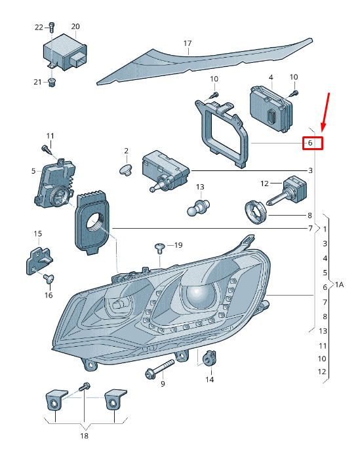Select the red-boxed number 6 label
[x=312, y=144]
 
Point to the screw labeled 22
[x=52, y=28]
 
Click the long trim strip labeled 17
[x=205, y=61]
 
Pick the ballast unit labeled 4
[x=271, y=109]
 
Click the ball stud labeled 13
[x=198, y=208]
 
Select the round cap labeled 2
[x=125, y=170]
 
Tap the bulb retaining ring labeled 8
[x=256, y=212]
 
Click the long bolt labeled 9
[x=159, y=368]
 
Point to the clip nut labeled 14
[x=209, y=357]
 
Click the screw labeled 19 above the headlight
[x=159, y=248]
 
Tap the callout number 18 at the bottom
[x=84, y=436]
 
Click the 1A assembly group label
[x=339, y=284]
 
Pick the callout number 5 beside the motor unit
[x=33, y=171]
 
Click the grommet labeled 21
[x=52, y=83]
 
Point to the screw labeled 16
[x=49, y=279]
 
